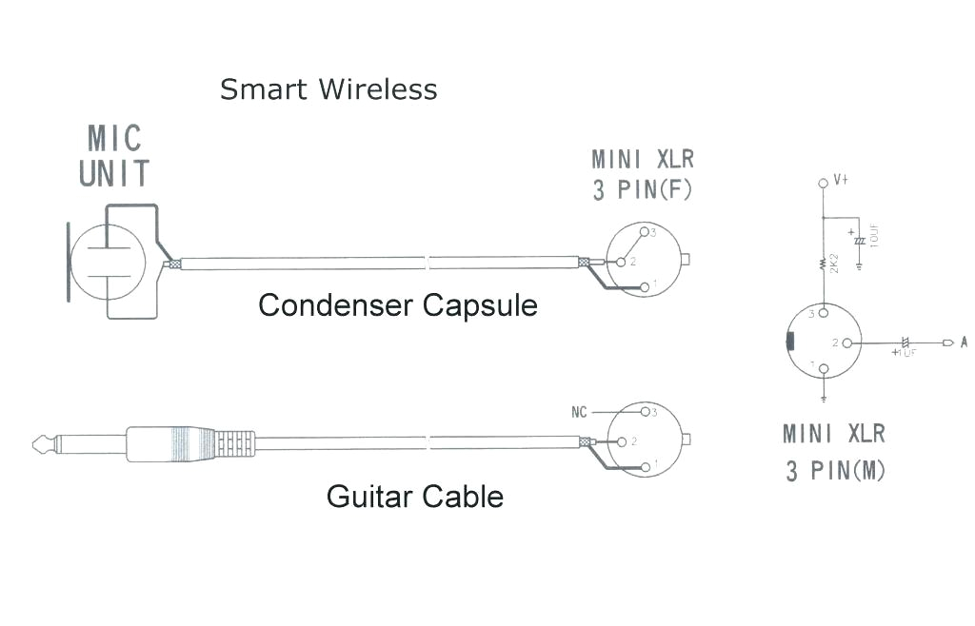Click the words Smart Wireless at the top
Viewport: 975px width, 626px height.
tap(328, 89)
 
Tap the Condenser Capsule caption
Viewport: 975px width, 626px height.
tap(398, 305)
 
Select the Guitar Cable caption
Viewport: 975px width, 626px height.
tap(414, 496)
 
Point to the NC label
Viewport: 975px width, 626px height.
tap(579, 412)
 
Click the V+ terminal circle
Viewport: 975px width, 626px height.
tap(823, 182)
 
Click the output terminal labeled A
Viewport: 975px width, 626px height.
tap(948, 342)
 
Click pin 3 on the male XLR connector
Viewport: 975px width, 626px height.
tap(824, 314)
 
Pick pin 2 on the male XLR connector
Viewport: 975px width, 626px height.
tap(847, 342)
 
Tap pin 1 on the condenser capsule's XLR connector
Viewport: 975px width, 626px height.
tap(645, 287)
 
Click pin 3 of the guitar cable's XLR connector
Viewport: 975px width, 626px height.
tap(645, 412)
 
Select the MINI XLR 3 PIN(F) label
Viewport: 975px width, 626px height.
tap(643, 174)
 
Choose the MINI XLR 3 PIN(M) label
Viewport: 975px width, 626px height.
tap(834, 452)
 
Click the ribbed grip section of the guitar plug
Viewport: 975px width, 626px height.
tap(235, 443)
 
